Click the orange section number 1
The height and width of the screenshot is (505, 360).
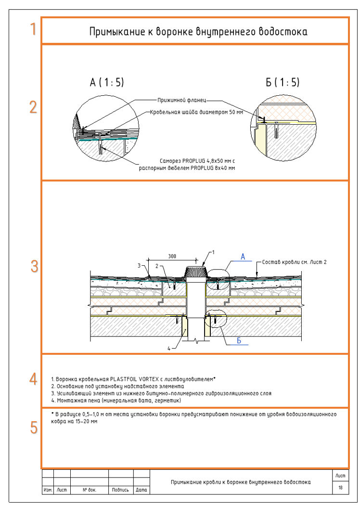tap(33, 29)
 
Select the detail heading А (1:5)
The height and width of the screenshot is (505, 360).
tap(107, 83)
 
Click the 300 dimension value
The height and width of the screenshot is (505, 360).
tap(172, 257)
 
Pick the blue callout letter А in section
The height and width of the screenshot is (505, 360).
tap(243, 258)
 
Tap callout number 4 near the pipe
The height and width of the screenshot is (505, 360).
tap(169, 349)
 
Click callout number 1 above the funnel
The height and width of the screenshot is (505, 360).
tap(213, 252)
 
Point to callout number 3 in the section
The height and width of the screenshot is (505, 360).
tap(139, 265)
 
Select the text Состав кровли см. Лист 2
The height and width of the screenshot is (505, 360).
tap(294, 262)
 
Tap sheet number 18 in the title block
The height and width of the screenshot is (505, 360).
tap(341, 489)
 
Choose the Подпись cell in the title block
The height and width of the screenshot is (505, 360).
tap(120, 490)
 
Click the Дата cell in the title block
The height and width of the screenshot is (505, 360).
tap(141, 490)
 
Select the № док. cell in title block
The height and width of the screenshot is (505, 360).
tap(90, 490)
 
